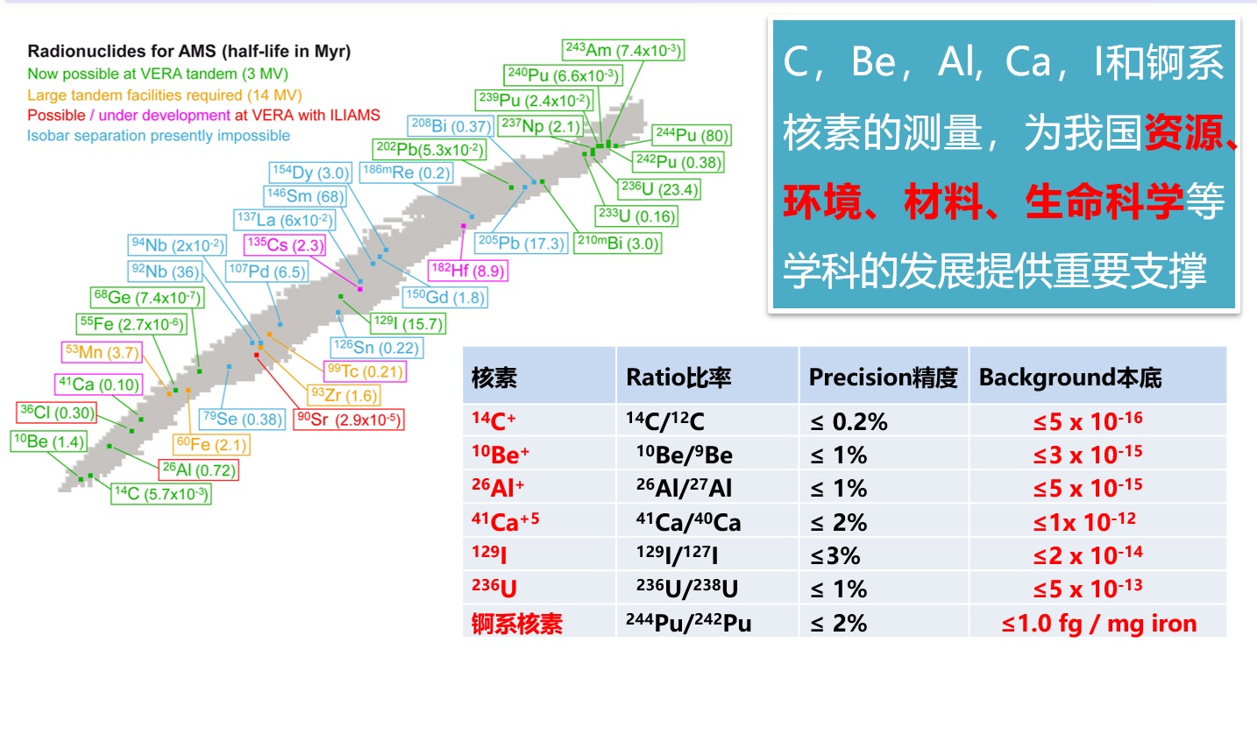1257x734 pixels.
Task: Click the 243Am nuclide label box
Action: (623, 50)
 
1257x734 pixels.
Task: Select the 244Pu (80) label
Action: (692, 135)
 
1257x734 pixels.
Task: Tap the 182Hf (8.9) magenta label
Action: (468, 271)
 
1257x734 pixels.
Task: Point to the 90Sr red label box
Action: (349, 420)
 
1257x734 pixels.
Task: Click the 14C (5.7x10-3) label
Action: (161, 493)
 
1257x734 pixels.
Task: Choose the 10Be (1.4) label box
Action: (49, 441)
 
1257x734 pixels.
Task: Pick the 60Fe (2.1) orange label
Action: (211, 445)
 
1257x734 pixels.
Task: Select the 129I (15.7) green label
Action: (408, 323)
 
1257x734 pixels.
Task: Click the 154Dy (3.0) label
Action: (310, 173)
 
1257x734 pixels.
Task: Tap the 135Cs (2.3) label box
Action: (285, 245)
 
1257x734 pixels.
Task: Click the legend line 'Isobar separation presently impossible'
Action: (159, 136)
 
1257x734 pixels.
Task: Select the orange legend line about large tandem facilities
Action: (165, 95)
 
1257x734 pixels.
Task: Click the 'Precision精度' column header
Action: (883, 378)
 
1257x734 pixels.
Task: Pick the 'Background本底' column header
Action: (1070, 378)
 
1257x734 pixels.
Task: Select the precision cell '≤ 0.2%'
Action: (849, 421)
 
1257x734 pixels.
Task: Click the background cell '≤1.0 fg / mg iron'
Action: (1098, 624)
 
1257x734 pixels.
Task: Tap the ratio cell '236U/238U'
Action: (687, 589)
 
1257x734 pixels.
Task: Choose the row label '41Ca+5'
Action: (505, 521)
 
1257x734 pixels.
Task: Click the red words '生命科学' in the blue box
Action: (1104, 201)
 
